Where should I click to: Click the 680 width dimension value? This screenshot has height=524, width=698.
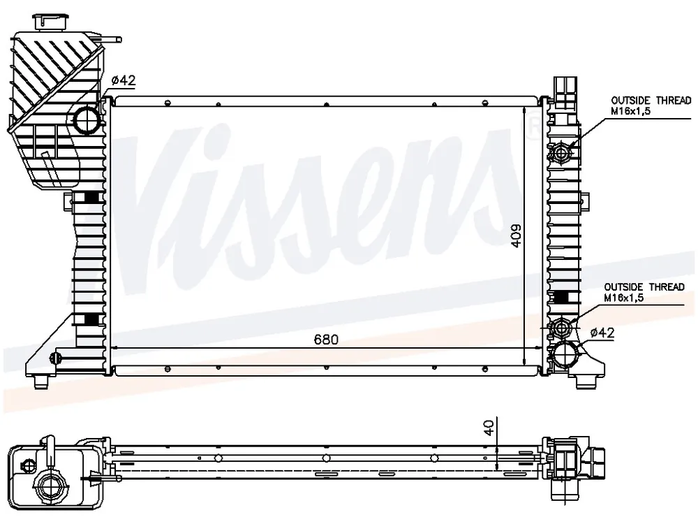click(326, 340)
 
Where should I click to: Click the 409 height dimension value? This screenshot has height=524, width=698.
click(516, 235)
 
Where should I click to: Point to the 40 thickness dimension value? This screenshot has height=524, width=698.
click(489, 428)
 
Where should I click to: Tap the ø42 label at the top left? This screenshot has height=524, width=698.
click(124, 80)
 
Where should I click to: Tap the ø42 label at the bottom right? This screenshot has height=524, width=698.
click(602, 333)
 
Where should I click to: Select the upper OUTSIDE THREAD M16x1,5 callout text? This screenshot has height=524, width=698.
click(651, 105)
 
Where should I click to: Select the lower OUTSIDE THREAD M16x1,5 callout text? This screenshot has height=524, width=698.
click(644, 292)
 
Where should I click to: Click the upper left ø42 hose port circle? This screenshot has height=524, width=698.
click(87, 120)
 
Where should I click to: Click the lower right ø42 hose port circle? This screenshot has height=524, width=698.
click(565, 354)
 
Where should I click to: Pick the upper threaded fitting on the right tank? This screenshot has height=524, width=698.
click(562, 153)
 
